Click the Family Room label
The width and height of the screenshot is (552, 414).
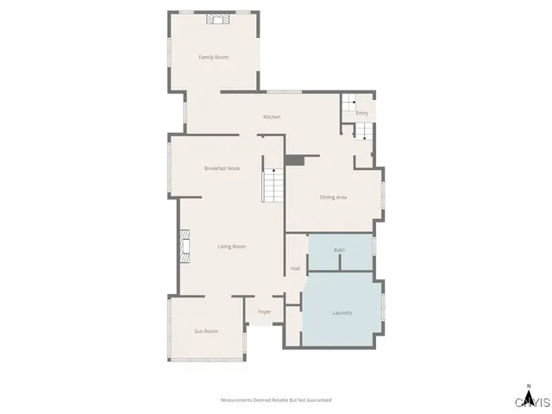(213, 57)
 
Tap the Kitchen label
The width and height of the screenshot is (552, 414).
(272, 117)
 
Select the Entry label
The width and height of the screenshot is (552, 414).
(362, 113)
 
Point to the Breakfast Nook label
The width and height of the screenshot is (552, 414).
(222, 168)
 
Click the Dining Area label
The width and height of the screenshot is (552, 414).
(333, 198)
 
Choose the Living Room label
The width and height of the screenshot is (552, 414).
(231, 247)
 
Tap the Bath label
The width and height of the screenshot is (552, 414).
(339, 250)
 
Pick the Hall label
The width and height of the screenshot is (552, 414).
(295, 268)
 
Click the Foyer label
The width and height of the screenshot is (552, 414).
(264, 311)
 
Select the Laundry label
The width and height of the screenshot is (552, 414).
(342, 312)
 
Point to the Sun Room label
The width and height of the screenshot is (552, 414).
(205, 331)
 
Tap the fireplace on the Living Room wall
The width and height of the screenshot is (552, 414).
(185, 245)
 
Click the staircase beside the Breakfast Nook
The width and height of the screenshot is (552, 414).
(273, 185)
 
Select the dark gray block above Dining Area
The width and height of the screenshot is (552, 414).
(296, 160)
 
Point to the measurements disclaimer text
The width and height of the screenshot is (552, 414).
(276, 400)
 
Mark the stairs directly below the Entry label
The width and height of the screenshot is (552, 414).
(362, 131)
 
